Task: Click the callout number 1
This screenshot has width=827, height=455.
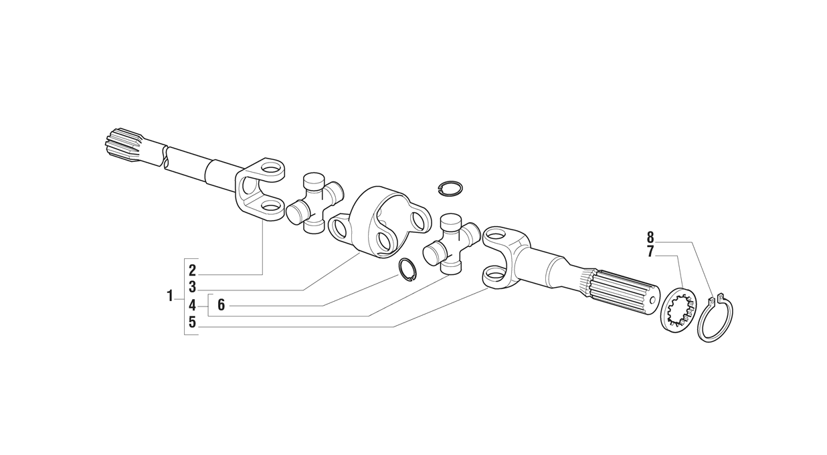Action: [170, 296]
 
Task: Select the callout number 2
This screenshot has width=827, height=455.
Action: [192, 270]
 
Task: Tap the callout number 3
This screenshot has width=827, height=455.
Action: [192, 287]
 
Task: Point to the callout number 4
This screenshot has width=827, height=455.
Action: [192, 305]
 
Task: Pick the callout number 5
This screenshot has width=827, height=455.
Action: [192, 322]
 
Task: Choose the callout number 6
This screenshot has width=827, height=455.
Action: [221, 305]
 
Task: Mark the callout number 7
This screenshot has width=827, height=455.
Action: [650, 252]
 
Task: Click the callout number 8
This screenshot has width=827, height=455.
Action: [650, 237]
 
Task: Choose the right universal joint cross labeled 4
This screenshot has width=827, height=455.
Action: [450, 244]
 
